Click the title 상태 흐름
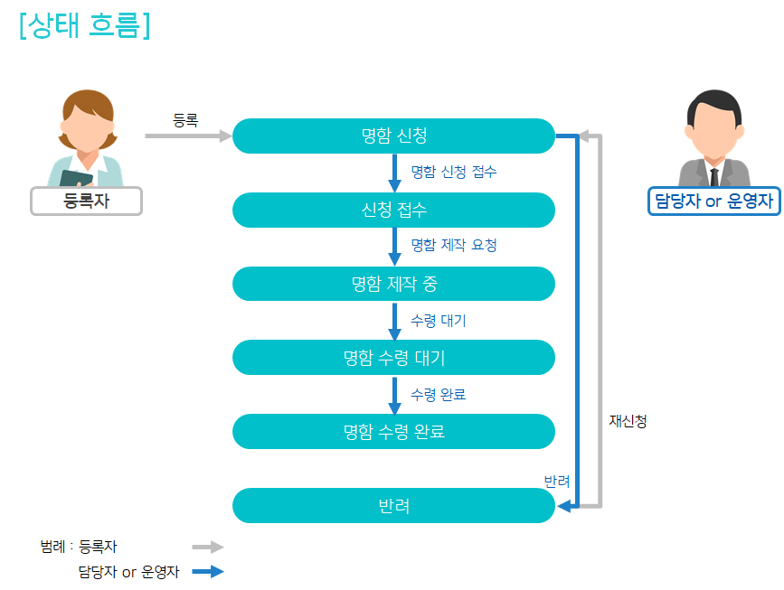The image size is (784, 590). click(85, 25)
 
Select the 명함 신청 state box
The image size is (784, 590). click(393, 136)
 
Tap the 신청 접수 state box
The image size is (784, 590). click(393, 210)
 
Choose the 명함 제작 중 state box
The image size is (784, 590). click(393, 284)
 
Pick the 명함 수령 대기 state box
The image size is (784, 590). click(393, 358)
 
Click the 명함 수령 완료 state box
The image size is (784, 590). click(393, 432)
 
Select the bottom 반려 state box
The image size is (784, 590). click(393, 506)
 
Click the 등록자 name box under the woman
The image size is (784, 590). click(87, 201)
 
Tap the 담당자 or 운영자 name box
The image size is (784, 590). click(714, 201)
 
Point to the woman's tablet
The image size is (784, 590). click(76, 178)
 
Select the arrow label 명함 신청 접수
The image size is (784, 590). click(454, 172)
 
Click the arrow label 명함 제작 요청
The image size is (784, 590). click(454, 245)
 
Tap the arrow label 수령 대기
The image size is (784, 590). click(439, 320)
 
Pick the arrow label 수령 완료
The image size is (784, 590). click(439, 395)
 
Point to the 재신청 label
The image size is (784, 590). click(628, 421)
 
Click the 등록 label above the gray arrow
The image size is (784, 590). click(185, 120)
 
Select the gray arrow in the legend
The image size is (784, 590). click(208, 547)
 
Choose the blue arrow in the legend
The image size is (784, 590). click(208, 572)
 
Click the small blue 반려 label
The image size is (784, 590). click(557, 481)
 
